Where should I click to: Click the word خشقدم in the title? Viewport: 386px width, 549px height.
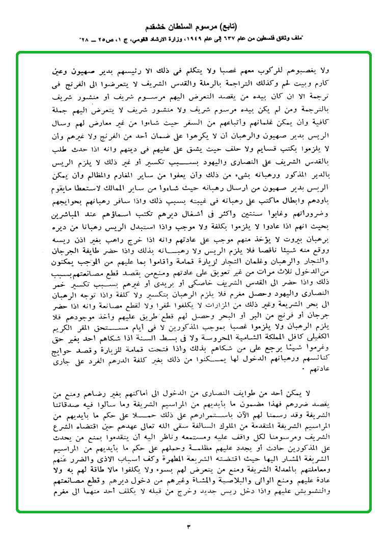[x=157, y=26]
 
